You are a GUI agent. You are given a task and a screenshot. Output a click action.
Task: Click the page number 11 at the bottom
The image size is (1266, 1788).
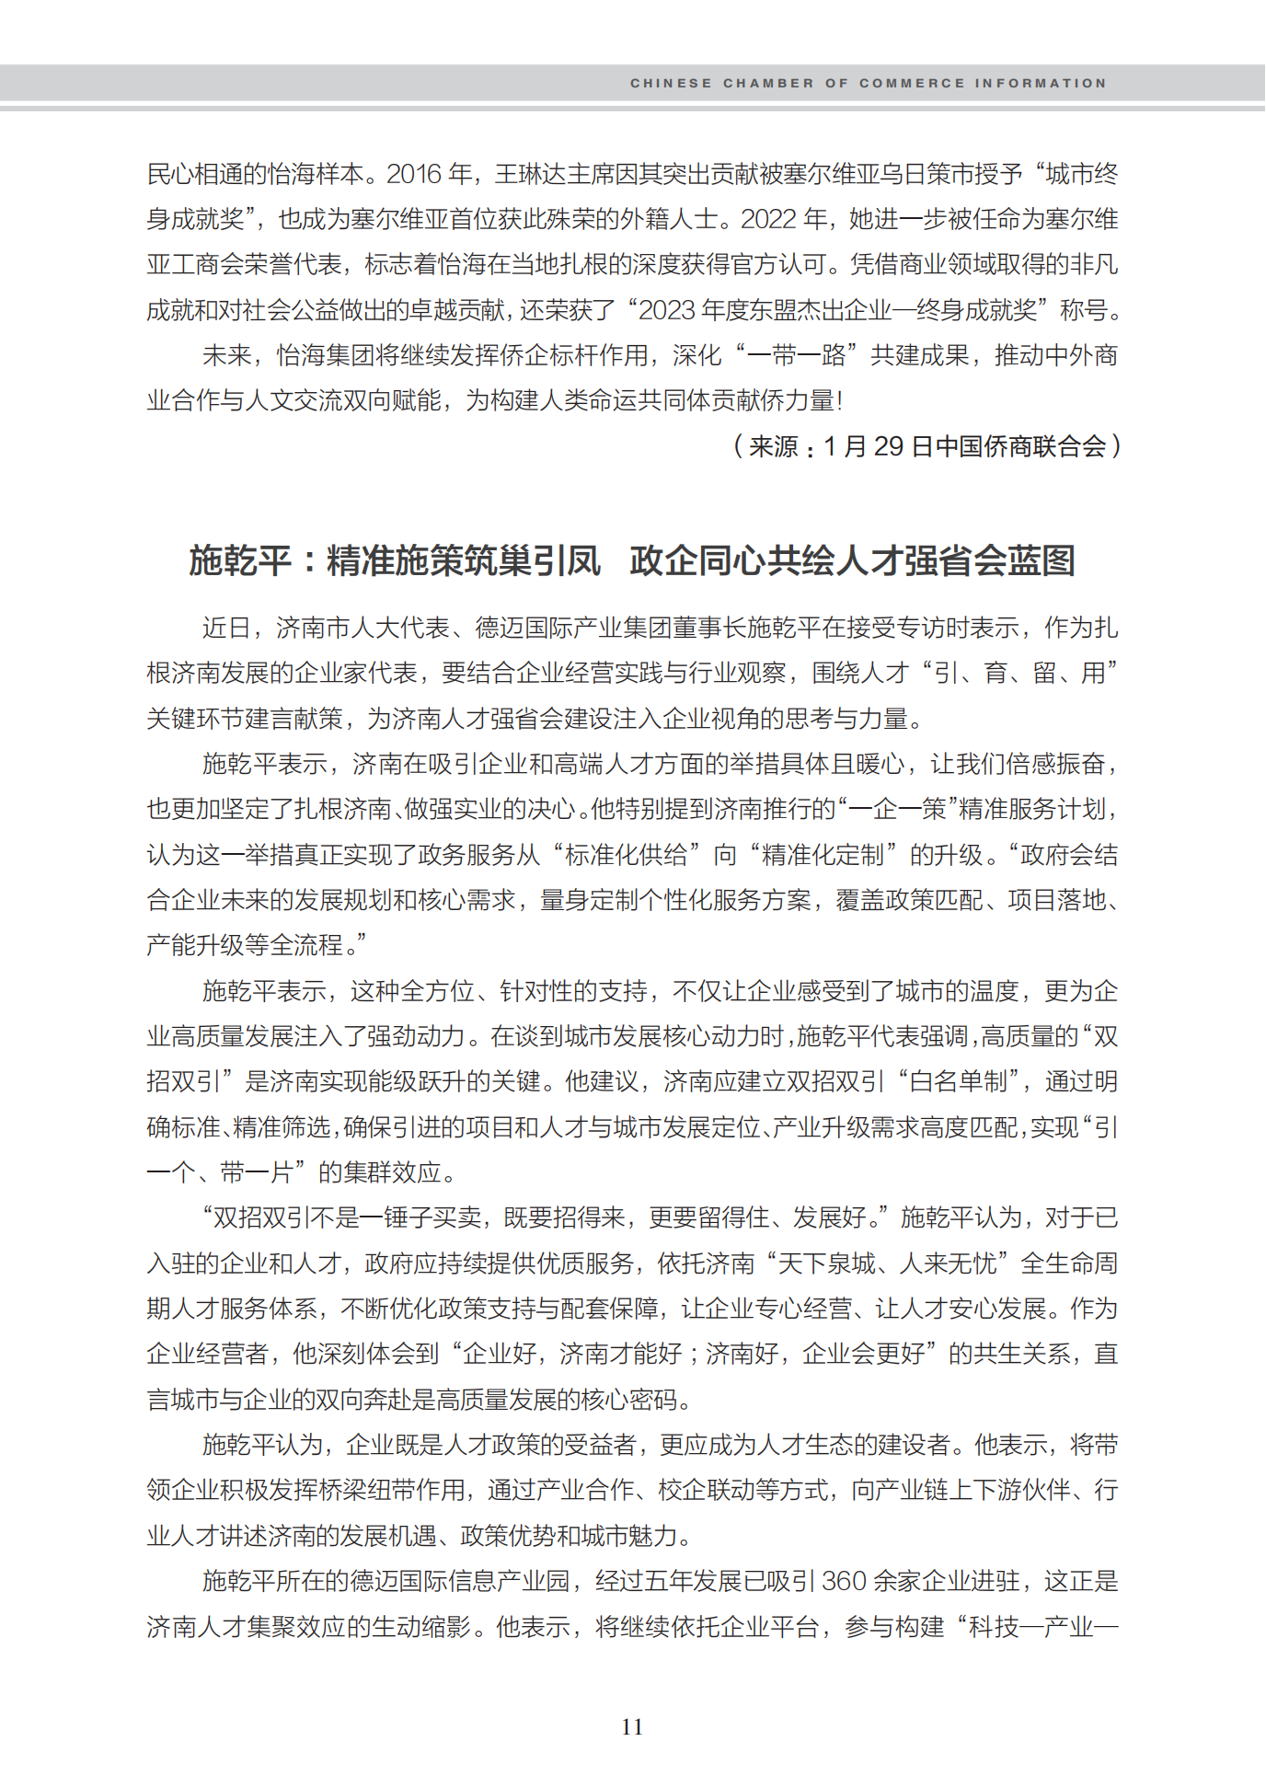[632, 1726]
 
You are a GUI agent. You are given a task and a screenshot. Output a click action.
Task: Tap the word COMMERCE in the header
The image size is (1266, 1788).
[912, 83]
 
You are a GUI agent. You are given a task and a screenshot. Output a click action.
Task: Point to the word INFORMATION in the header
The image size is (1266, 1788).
[1041, 83]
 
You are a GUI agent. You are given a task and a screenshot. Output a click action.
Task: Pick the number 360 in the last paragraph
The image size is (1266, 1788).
[844, 1581]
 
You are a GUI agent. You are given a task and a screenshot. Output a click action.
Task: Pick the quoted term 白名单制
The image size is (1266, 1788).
[959, 1081]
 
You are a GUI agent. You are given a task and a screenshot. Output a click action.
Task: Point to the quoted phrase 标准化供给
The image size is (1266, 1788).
[626, 855]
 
